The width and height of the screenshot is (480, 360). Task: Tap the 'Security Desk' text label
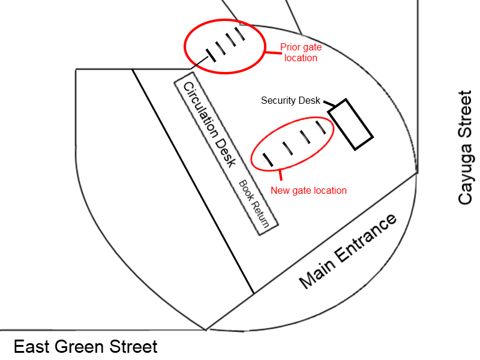pyautogui.click(x=290, y=101)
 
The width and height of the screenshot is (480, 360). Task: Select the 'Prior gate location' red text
pyautogui.click(x=301, y=52)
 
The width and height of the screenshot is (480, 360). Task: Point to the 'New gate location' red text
pyautogui.click(x=308, y=190)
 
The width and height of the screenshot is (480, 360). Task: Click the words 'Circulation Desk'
pyautogui.click(x=209, y=125)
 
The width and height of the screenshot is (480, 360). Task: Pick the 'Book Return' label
pyautogui.click(x=254, y=204)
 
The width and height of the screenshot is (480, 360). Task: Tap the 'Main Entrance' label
pyautogui.click(x=347, y=251)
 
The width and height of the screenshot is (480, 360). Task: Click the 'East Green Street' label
pyautogui.click(x=85, y=346)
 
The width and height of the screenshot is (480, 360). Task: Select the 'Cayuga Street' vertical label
pyautogui.click(x=464, y=147)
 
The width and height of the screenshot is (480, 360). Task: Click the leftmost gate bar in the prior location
pyautogui.click(x=211, y=55)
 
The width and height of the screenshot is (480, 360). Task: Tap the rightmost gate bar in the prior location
pyautogui.click(x=241, y=34)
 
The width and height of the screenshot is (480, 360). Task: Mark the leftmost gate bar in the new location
pyautogui.click(x=268, y=160)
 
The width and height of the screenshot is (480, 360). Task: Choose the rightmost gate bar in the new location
pyautogui.click(x=320, y=127)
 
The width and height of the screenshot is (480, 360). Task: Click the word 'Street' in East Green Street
pyautogui.click(x=133, y=346)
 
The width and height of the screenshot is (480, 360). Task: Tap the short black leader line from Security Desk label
pyautogui.click(x=329, y=104)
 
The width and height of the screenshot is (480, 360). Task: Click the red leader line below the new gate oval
pyautogui.click(x=280, y=175)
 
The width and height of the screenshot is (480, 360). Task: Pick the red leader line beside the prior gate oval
pyautogui.click(x=273, y=53)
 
